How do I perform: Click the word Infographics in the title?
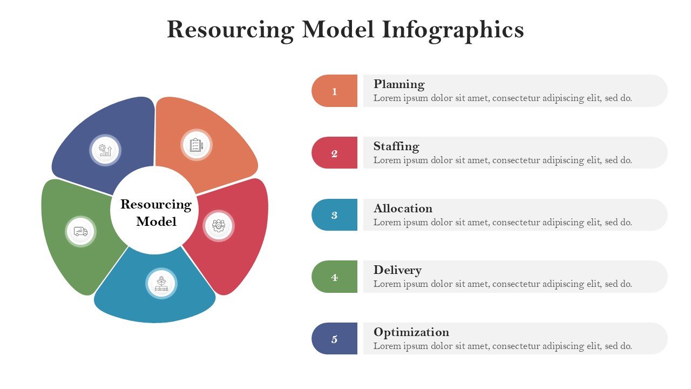click(453, 30)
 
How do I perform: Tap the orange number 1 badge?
click(334, 91)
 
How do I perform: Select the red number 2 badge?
click(334, 153)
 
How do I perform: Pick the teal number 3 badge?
click(334, 215)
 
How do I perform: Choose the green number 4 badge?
click(334, 277)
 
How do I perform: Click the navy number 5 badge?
click(334, 339)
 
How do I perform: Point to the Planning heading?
click(399, 84)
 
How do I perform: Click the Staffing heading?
click(396, 146)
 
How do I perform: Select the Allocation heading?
click(403, 209)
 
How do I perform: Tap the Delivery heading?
click(398, 270)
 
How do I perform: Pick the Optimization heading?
click(411, 332)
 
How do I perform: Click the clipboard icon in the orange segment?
click(196, 145)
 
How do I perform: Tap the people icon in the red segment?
click(219, 226)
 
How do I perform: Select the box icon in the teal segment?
click(161, 284)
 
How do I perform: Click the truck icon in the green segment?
click(81, 231)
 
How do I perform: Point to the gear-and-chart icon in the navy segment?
click(105, 150)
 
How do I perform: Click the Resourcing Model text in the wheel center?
click(156, 213)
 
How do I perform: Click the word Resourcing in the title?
click(231, 30)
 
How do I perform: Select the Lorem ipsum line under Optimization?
click(503, 346)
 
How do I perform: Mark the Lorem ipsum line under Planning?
click(503, 98)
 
